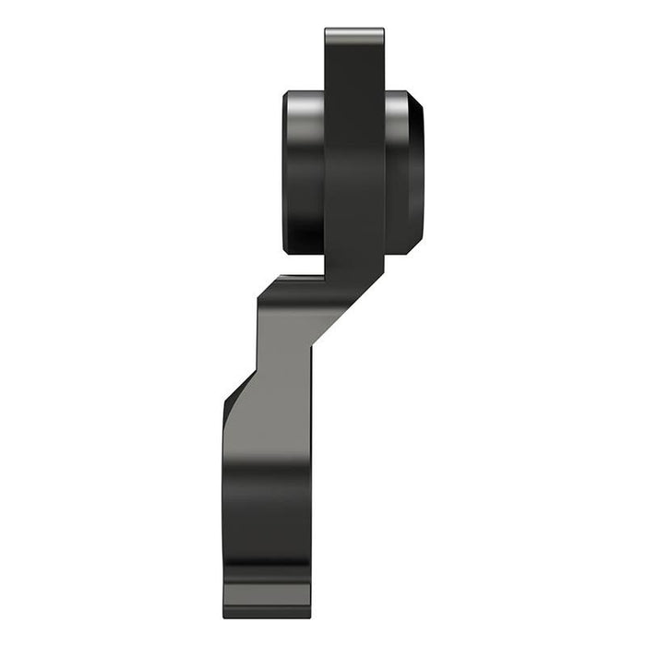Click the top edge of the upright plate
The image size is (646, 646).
[354, 30]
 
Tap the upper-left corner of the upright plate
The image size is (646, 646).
[327, 32]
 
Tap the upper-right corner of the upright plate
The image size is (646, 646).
[382, 32]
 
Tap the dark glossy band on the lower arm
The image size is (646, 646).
[268, 517]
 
